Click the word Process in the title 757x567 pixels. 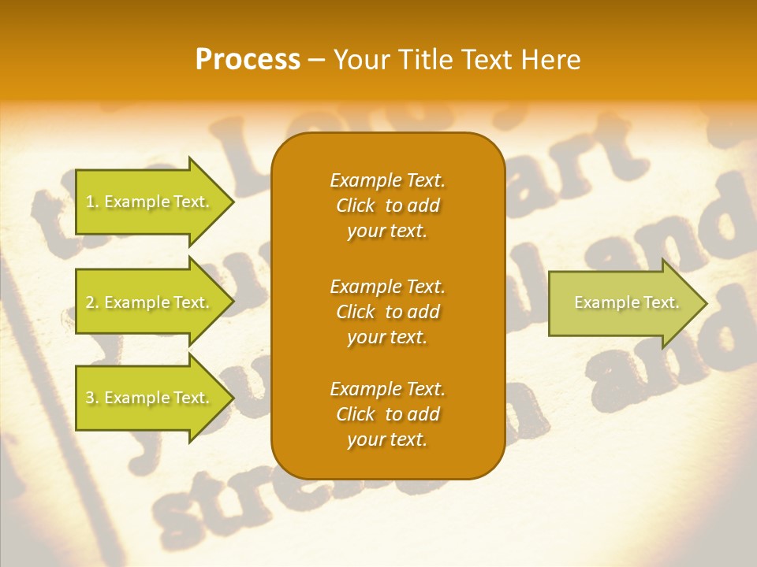pos(248,60)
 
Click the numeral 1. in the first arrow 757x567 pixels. pos(91,202)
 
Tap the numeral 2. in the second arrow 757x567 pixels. pos(91,302)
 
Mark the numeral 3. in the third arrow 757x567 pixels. pos(91,398)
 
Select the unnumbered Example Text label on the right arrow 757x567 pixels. pos(626,302)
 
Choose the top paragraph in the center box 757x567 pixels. pos(387,206)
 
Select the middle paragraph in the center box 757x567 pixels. pos(387,312)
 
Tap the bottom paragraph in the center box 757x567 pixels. pos(387,414)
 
